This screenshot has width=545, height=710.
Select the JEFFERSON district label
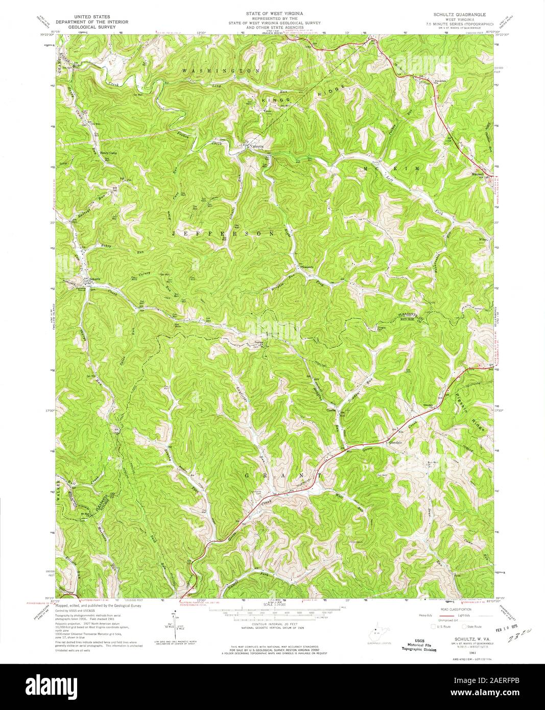tap(223, 233)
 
